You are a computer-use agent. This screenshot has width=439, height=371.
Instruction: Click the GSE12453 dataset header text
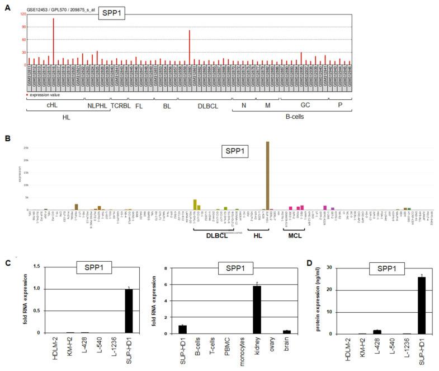59,10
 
